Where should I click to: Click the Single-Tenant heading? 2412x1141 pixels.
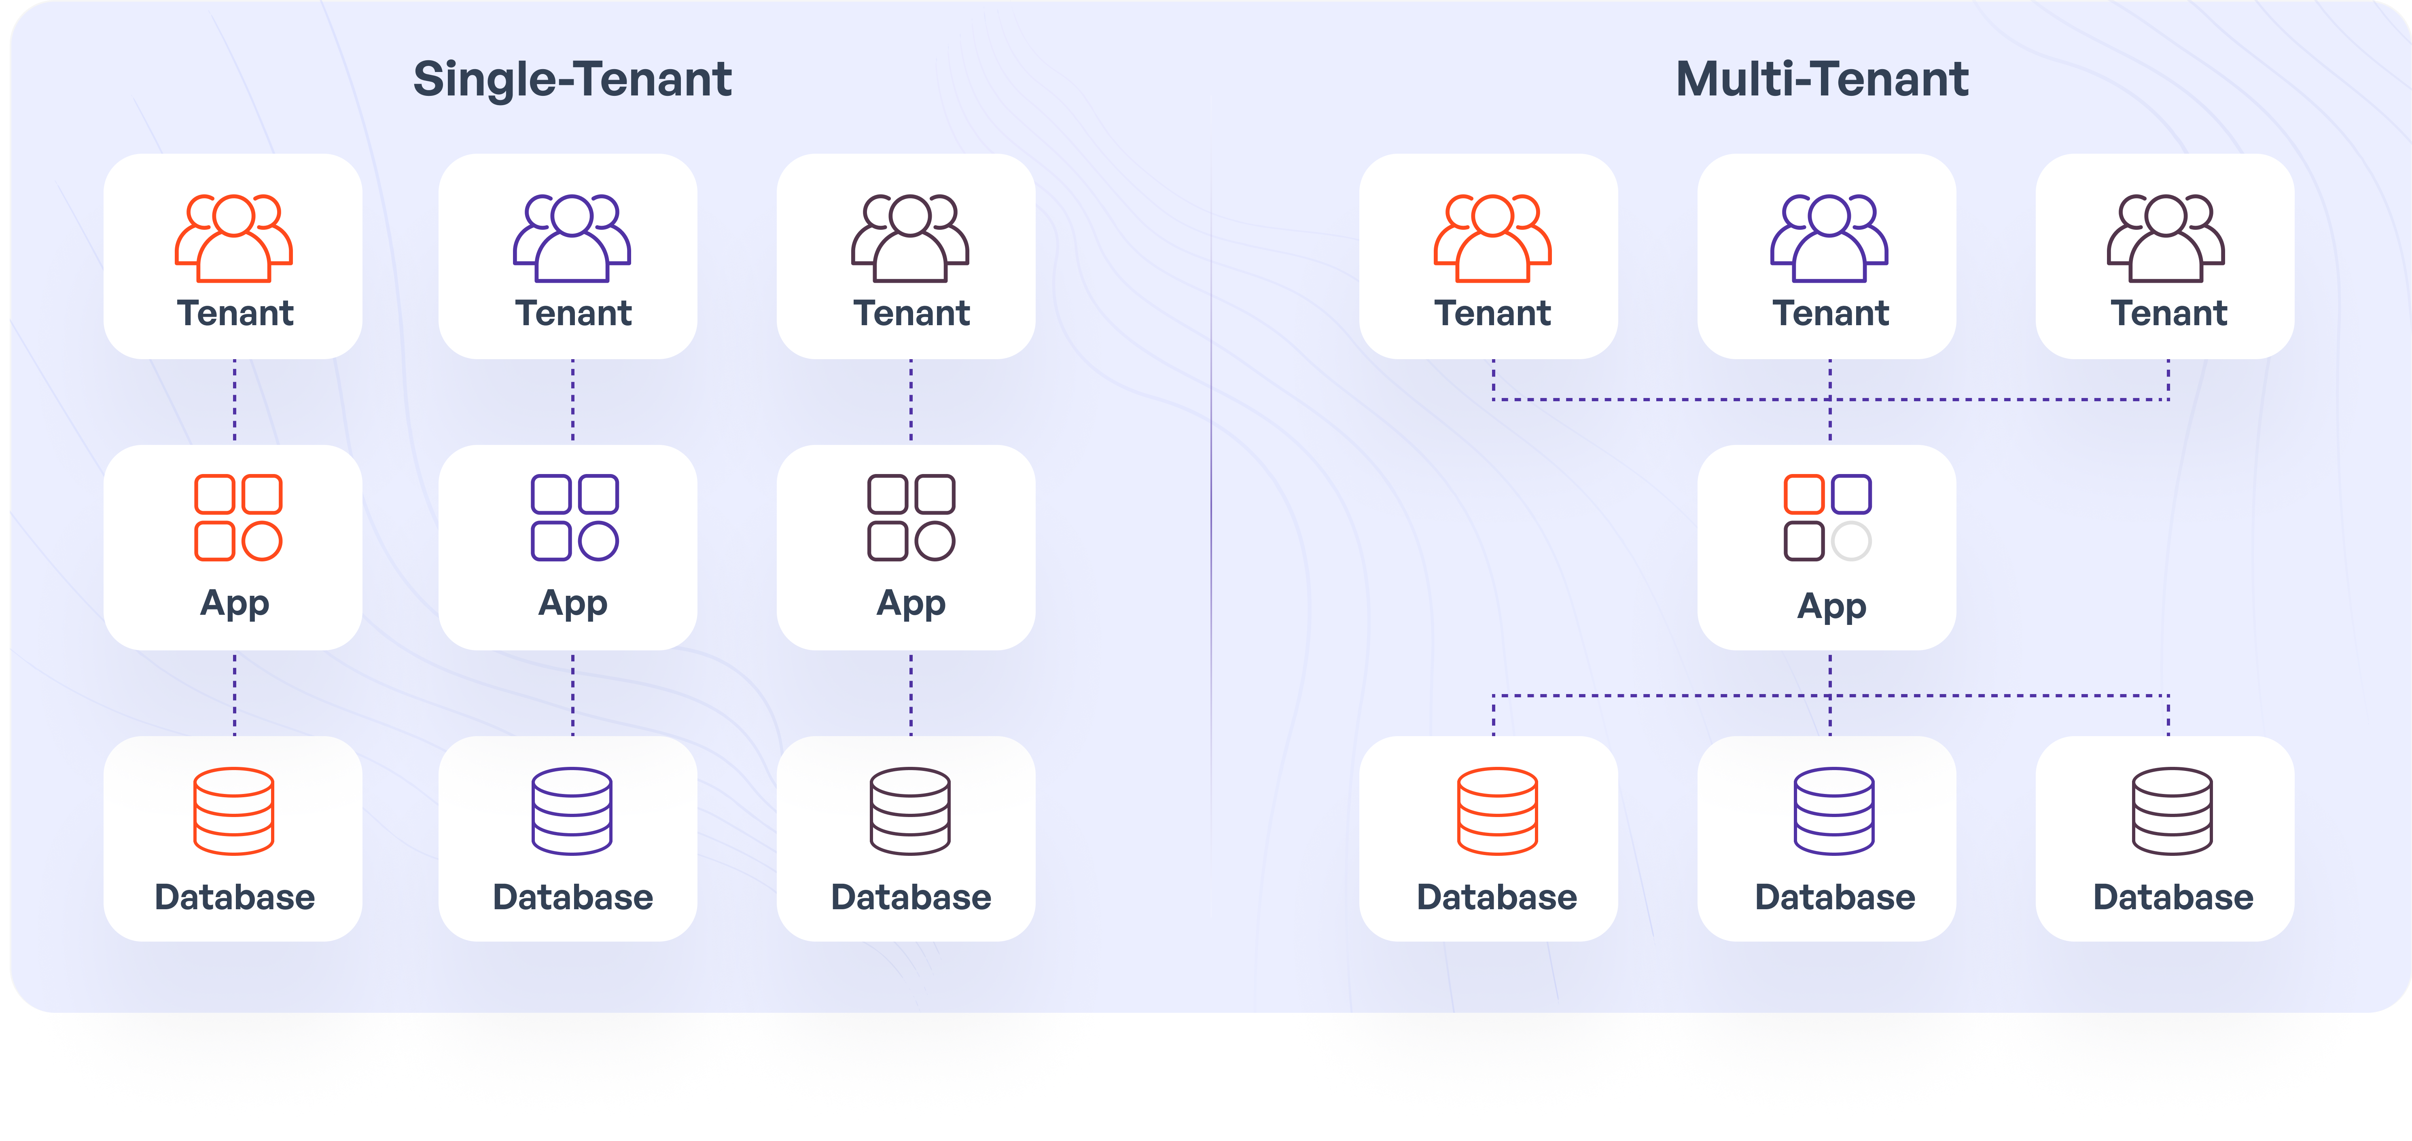(x=572, y=80)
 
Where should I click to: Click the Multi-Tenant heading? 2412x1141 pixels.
(x=1821, y=80)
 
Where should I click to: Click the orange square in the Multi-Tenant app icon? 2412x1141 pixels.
(x=1804, y=494)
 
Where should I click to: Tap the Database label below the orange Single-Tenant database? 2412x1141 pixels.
(x=234, y=897)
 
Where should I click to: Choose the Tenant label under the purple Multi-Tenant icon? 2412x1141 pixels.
(x=1831, y=313)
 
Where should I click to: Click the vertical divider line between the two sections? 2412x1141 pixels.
(x=1211, y=506)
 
